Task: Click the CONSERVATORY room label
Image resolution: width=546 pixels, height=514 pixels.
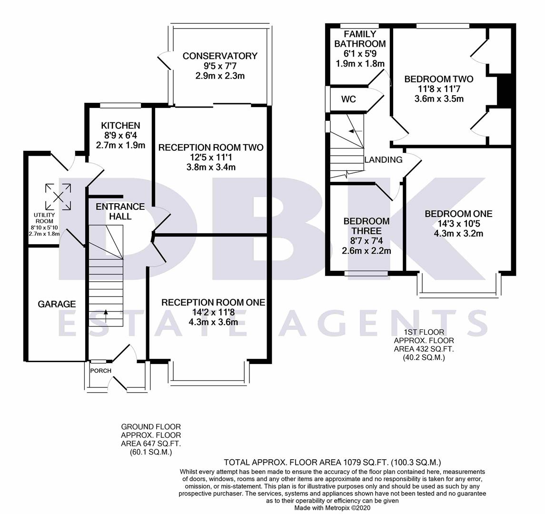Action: click(x=220, y=56)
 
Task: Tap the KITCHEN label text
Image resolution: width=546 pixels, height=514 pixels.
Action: click(x=120, y=126)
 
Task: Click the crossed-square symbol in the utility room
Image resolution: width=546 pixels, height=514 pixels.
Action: click(x=59, y=197)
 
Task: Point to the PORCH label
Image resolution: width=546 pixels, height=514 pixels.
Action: click(x=101, y=371)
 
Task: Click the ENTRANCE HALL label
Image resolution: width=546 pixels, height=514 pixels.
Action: click(x=120, y=211)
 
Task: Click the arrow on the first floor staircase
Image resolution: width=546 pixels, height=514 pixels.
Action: click(x=352, y=131)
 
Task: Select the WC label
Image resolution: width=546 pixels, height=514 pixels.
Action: click(x=348, y=99)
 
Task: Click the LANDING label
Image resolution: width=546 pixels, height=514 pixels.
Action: click(x=383, y=160)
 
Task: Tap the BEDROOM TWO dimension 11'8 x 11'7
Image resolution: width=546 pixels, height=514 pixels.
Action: click(x=438, y=89)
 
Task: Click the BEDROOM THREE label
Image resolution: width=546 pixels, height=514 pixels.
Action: click(x=367, y=226)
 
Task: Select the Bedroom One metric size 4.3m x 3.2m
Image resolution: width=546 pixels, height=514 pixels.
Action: click(x=458, y=233)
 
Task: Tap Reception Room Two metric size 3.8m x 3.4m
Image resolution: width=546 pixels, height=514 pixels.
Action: click(x=211, y=167)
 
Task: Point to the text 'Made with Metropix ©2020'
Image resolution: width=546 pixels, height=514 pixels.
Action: click(x=333, y=508)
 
